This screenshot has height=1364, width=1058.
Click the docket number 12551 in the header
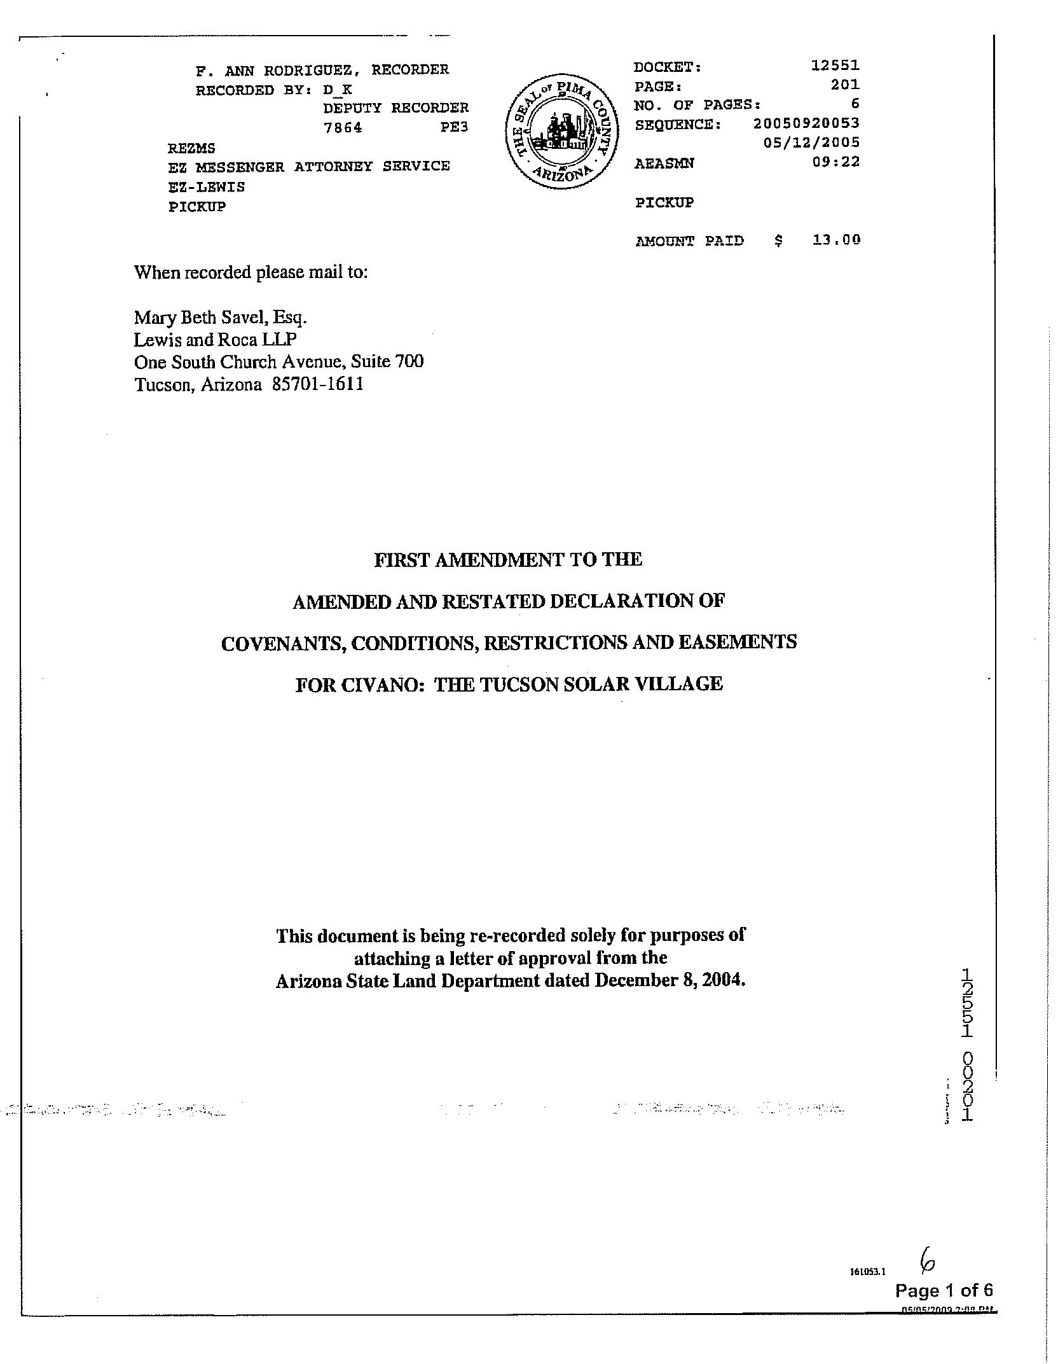pos(835,65)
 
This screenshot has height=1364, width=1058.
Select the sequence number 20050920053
pos(806,123)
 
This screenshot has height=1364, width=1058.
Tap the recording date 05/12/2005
pos(811,142)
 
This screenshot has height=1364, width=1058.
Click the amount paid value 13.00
pos(836,240)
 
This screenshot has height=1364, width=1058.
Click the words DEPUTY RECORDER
pos(395,108)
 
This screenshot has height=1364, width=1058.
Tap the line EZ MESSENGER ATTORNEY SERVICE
pos(308,166)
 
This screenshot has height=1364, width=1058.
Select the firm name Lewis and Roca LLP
pos(215,339)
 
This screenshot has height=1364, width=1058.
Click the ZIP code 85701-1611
pos(317,384)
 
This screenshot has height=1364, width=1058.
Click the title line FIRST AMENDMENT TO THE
pos(508,559)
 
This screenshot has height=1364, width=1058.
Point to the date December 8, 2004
pos(670,980)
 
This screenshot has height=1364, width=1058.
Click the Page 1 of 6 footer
pos(944,1290)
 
